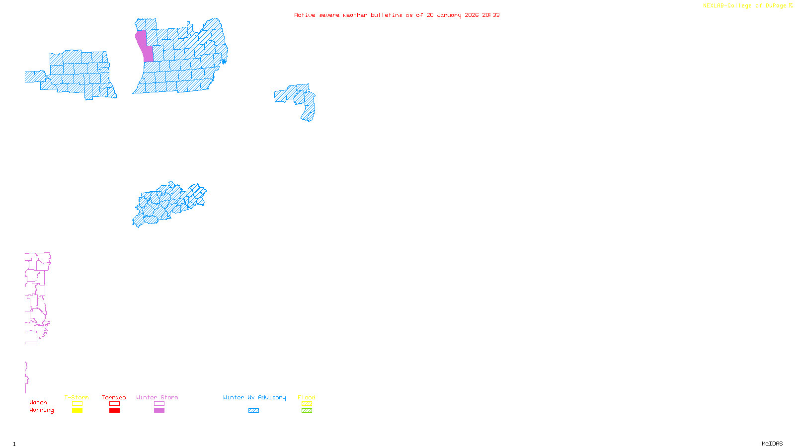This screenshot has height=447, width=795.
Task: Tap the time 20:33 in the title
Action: pyautogui.click(x=491, y=15)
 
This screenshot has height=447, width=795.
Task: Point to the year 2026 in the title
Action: pyautogui.click(x=472, y=15)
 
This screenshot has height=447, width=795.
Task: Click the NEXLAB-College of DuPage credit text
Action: pyautogui.click(x=744, y=5)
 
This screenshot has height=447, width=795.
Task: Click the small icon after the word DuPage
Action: pyautogui.click(x=791, y=5)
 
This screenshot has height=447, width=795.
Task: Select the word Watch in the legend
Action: pyautogui.click(x=38, y=402)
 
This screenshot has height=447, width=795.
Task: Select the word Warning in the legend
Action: pyautogui.click(x=41, y=410)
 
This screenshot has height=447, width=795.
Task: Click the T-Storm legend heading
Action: pyautogui.click(x=77, y=397)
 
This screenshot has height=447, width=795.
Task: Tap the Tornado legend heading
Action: pyautogui.click(x=114, y=397)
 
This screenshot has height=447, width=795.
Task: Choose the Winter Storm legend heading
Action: pyautogui.click(x=157, y=397)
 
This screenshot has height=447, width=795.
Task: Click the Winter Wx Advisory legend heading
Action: pyautogui.click(x=254, y=397)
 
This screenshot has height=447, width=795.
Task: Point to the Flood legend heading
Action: pyautogui.click(x=307, y=397)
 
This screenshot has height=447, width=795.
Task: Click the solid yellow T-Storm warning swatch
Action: pyautogui.click(x=77, y=410)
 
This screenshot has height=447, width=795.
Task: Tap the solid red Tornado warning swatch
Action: pyautogui.click(x=114, y=410)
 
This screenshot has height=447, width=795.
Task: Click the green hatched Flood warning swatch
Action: pyautogui.click(x=307, y=410)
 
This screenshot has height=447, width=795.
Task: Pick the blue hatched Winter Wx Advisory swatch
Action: pyautogui.click(x=253, y=410)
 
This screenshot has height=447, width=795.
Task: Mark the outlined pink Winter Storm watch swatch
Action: pyautogui.click(x=159, y=404)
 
